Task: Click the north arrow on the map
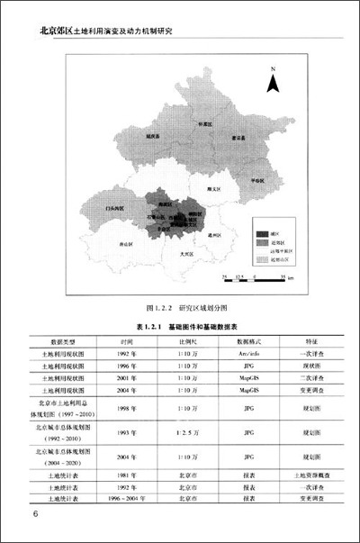277,80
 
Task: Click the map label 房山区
127,243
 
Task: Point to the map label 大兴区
186,255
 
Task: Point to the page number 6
34,515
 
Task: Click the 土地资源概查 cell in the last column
308,472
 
